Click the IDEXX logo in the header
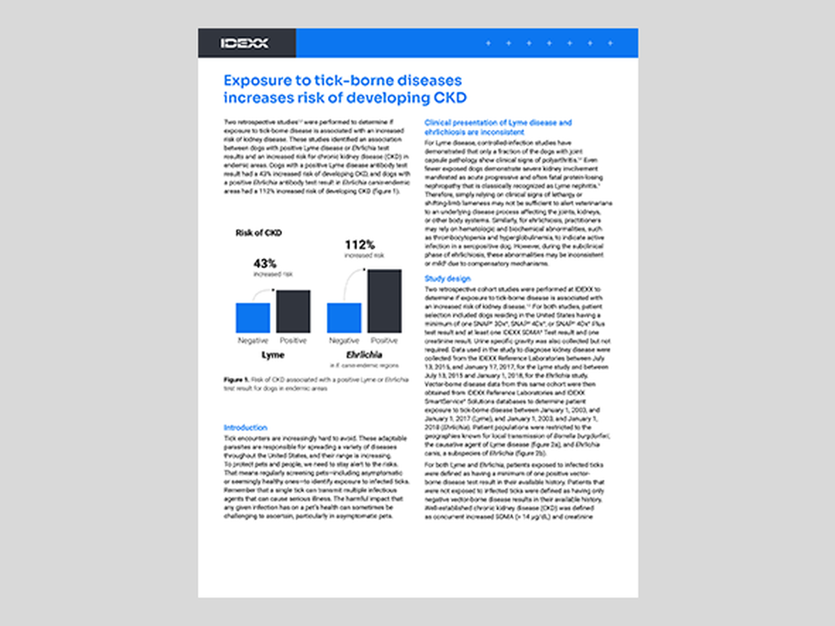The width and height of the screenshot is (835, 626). [x=244, y=43]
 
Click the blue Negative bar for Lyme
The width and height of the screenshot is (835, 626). [x=253, y=317]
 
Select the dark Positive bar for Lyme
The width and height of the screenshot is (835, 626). [x=294, y=311]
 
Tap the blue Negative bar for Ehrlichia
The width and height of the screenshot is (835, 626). [x=344, y=317]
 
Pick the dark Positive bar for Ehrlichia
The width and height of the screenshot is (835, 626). [x=385, y=301]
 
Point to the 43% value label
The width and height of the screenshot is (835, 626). [x=265, y=263]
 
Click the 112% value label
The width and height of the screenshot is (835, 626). [x=360, y=245]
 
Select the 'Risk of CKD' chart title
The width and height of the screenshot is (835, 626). [x=259, y=233]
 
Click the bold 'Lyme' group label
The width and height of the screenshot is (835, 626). [x=272, y=355]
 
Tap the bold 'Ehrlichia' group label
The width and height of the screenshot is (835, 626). [x=364, y=355]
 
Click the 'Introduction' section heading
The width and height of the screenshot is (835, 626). [x=245, y=428]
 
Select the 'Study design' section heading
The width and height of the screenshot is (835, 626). [x=447, y=279]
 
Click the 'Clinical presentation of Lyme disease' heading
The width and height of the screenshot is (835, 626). [x=498, y=123]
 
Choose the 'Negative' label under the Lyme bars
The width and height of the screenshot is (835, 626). [x=253, y=341]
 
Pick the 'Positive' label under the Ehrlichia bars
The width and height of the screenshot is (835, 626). [x=385, y=341]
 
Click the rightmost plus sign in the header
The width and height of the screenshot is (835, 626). [x=610, y=43]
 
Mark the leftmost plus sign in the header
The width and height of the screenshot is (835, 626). [x=488, y=43]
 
